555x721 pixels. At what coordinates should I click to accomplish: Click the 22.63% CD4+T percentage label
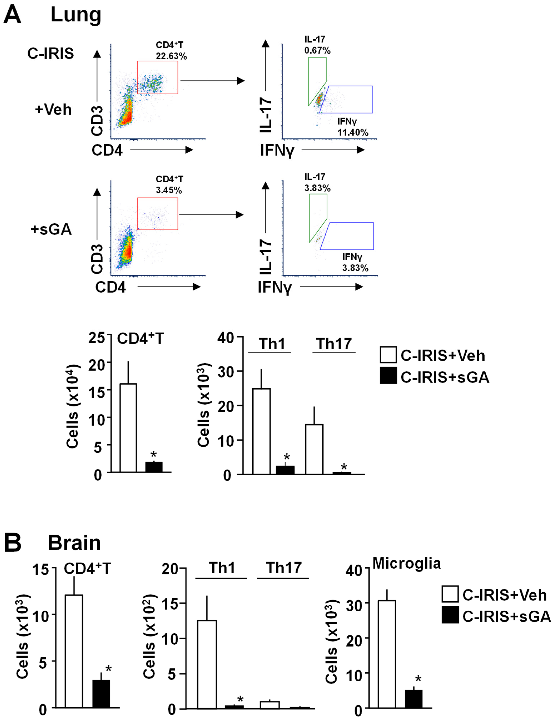171,56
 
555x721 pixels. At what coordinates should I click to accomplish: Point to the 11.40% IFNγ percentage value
353,133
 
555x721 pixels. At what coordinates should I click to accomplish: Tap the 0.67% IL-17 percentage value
317,51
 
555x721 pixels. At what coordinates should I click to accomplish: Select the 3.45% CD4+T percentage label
169,191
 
